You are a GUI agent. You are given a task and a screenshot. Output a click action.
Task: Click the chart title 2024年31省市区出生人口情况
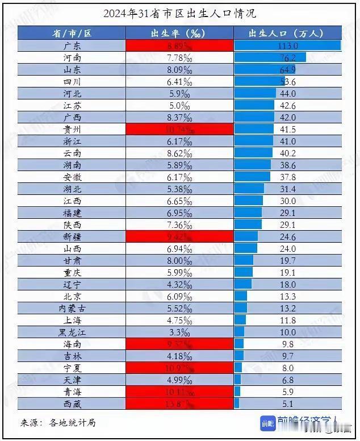coord(179,13)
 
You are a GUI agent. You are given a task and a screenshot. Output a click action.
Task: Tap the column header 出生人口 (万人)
coord(288,33)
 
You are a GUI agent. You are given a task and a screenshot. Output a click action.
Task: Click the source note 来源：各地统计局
coord(58,422)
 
